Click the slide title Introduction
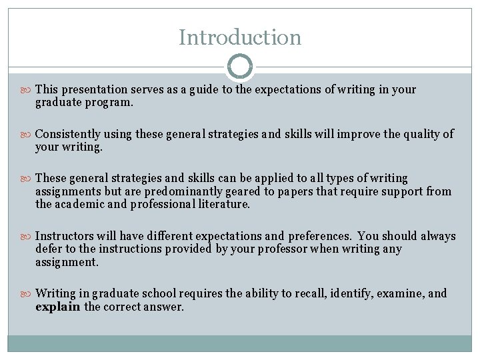(x=240, y=37)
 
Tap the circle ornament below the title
(x=240, y=67)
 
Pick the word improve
(x=357, y=134)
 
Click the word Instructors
(x=65, y=236)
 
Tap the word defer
(x=48, y=249)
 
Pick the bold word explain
(x=57, y=307)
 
